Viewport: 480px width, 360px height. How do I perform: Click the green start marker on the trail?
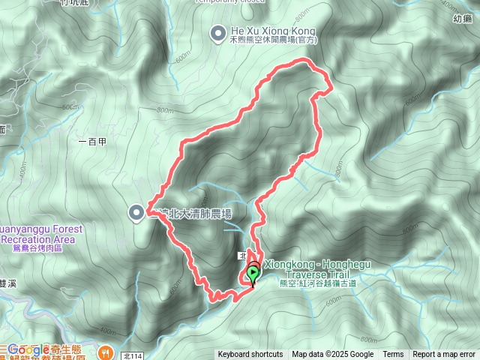pyautogui.click(x=253, y=274)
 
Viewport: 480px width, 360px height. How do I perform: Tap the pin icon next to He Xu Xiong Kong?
pyautogui.click(x=217, y=31)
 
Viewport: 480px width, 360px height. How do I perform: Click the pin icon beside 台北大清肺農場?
pyautogui.click(x=136, y=213)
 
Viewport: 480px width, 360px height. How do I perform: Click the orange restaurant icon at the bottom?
pyautogui.click(x=106, y=350)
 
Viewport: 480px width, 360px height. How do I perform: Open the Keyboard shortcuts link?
pyautogui.click(x=250, y=355)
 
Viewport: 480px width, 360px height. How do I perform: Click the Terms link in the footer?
pyautogui.click(x=393, y=355)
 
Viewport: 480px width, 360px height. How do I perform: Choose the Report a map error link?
pyautogui.click(x=445, y=355)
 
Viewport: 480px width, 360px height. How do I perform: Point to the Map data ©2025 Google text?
pyautogui.click(x=333, y=355)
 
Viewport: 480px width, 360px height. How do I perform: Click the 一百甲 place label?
pyautogui.click(x=92, y=140)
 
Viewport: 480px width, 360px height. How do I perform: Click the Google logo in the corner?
pyautogui.click(x=28, y=349)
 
